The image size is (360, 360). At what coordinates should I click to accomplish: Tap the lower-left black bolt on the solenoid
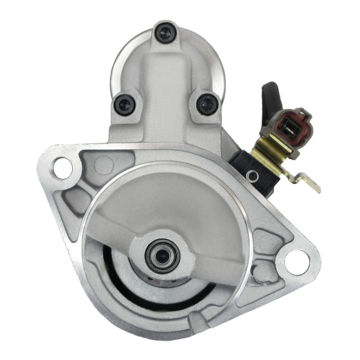125,104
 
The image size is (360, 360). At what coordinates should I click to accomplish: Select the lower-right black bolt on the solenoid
207,104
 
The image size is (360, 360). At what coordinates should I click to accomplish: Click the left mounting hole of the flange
63,168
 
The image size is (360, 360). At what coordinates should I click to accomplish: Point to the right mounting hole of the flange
297,260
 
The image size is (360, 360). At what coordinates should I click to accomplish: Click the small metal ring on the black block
253,176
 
